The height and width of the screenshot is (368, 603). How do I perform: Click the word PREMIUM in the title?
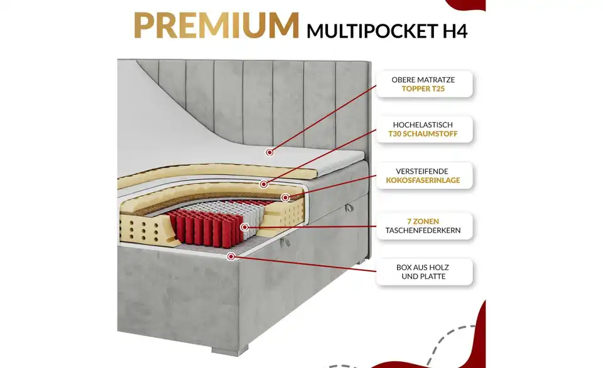coord(216,25)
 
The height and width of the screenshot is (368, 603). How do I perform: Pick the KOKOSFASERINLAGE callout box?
coord(423,176)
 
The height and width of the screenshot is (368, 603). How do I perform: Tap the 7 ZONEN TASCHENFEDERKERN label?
coord(423,226)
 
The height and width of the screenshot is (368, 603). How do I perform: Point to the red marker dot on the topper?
coord(269,152)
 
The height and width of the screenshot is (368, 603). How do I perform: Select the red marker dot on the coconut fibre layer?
coord(285,197)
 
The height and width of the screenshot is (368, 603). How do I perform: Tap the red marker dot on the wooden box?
coord(232,256)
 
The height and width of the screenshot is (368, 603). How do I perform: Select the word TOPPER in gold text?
coord(416,90)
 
